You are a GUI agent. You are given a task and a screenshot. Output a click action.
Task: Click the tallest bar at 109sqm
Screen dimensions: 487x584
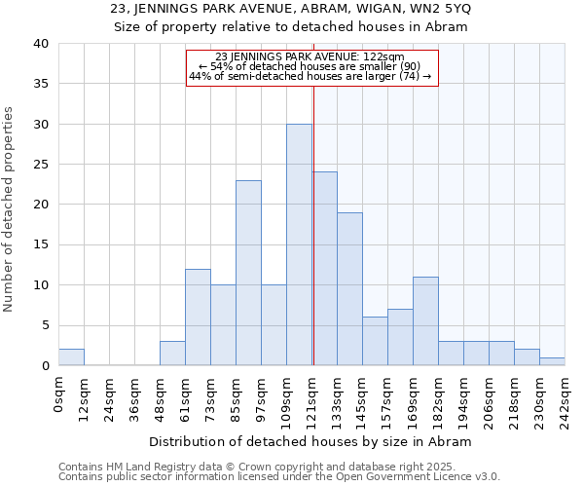tap(299, 244)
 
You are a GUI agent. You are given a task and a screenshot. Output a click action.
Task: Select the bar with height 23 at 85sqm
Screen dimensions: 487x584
tap(248, 273)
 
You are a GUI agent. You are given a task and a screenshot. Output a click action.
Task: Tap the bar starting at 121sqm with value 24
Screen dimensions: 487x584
tap(325, 269)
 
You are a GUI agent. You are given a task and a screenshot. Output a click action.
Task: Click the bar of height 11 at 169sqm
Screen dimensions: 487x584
tap(425, 321)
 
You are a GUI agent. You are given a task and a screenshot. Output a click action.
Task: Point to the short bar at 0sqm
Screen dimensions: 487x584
tap(71, 357)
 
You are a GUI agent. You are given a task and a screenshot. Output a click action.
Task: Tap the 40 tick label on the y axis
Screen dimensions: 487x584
tap(40, 44)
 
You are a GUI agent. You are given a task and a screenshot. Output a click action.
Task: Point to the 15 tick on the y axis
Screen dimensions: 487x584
tap(40, 245)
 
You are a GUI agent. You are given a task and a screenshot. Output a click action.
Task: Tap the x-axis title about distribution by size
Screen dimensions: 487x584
tap(310, 441)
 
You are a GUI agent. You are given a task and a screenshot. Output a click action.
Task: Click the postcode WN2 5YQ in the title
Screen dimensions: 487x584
tap(443, 9)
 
